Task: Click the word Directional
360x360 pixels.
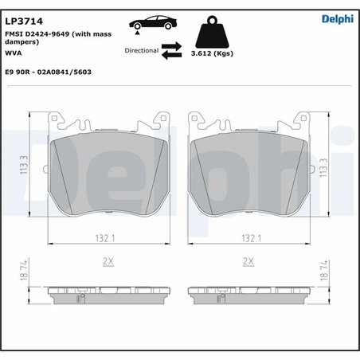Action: [x=142, y=50]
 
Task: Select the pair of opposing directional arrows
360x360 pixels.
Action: [x=173, y=52]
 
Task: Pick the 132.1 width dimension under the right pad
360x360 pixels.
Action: [x=249, y=237]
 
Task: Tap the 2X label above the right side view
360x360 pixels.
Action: [x=248, y=261]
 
